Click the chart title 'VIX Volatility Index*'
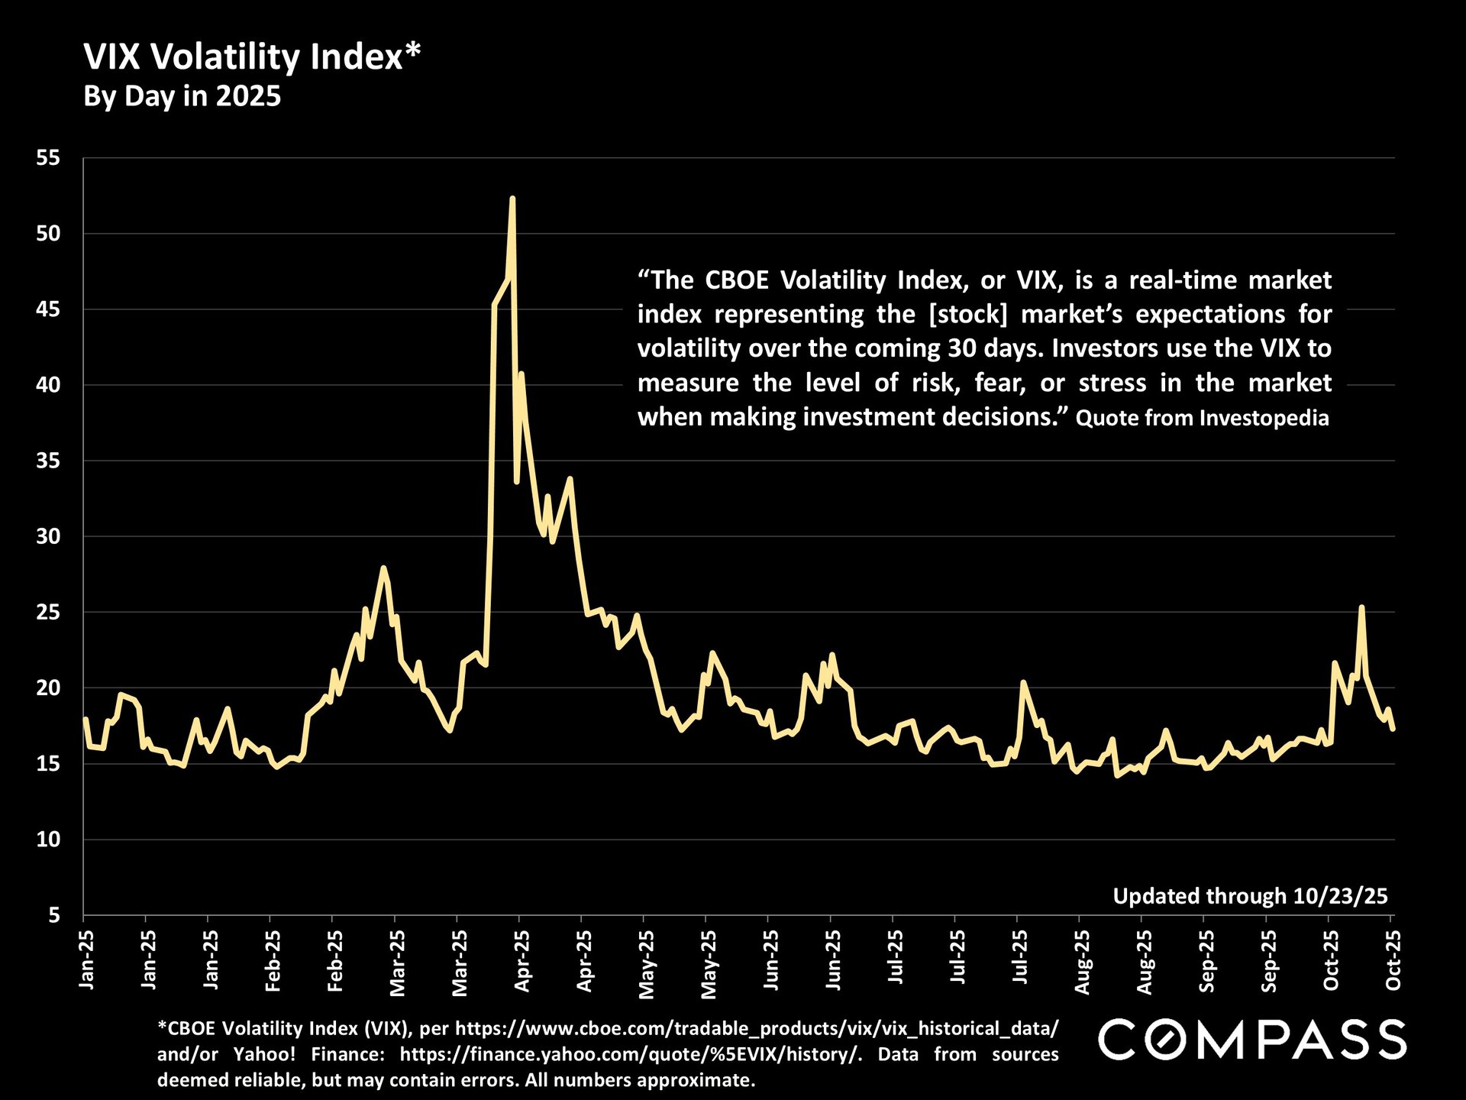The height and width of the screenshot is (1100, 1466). [252, 57]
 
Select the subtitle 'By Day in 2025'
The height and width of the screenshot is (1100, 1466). [182, 97]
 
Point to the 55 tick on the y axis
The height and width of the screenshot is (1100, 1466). [48, 158]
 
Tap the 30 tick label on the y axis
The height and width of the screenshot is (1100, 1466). [48, 536]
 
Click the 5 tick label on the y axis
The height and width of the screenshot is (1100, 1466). [53, 915]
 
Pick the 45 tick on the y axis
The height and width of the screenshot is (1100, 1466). [48, 309]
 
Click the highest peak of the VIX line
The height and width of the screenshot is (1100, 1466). [512, 199]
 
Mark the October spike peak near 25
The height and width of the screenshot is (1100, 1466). [1361, 607]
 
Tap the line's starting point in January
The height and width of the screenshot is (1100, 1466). [85, 719]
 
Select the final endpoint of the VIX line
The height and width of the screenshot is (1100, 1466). [1393, 729]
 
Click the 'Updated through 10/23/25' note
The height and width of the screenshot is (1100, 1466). [1250, 896]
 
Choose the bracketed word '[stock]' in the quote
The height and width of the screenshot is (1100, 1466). [968, 314]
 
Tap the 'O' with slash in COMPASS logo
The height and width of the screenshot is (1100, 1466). [1169, 1040]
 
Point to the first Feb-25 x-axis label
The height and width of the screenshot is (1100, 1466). [273, 961]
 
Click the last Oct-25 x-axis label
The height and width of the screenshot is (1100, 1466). [1393, 961]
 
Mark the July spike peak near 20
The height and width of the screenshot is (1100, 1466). [1023, 682]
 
